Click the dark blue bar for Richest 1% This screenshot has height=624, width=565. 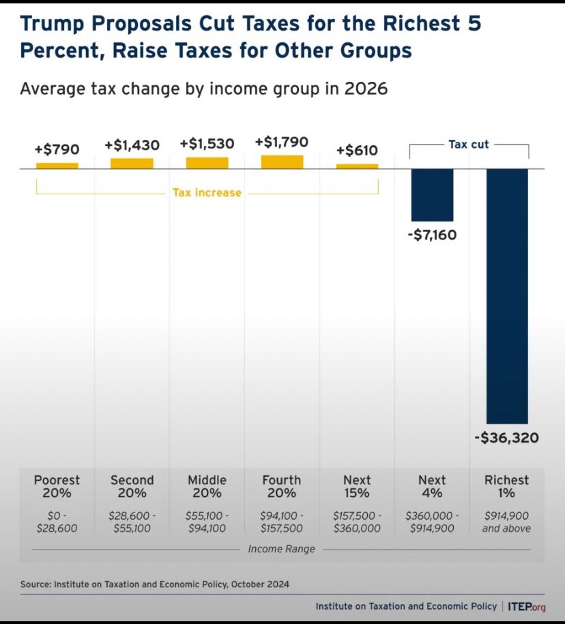tap(507, 296)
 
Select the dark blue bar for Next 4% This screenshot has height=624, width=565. tap(432, 195)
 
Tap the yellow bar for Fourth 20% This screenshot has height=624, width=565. tap(282, 162)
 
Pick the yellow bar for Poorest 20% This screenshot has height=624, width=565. tap(57, 166)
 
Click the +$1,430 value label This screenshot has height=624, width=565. tap(132, 145)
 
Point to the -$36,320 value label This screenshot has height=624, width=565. tap(506, 438)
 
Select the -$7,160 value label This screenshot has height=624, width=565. tap(432, 235)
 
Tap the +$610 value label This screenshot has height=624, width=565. tap(357, 149)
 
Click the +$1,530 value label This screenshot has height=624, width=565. tap(207, 144)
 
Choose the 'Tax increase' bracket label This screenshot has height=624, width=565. tap(207, 193)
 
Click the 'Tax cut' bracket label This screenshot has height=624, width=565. tap(469, 145)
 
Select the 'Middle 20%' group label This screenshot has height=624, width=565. tap(207, 486)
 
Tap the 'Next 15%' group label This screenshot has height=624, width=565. tap(357, 486)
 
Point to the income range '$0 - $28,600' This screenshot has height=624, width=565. tap(57, 522)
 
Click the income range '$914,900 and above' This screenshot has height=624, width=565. tap(506, 522)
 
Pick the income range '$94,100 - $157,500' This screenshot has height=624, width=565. tap(282, 522)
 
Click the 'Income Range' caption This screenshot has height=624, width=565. tap(281, 549)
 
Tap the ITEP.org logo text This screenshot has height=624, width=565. tap(527, 606)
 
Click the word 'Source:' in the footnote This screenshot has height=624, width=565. tap(36, 584)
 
